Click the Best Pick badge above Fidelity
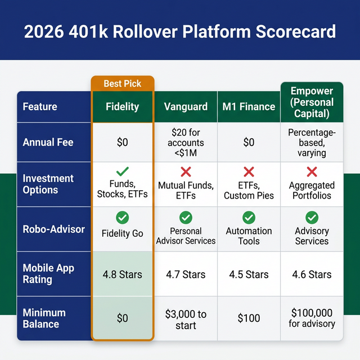pyautogui.click(x=122, y=84)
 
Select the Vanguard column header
pyautogui.click(x=186, y=106)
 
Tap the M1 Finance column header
pyautogui.click(x=249, y=106)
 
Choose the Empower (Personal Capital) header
pyautogui.click(x=312, y=102)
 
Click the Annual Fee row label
pyautogui.click(x=48, y=142)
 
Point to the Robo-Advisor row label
pyautogui.click(x=53, y=229)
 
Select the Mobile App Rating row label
pyautogui.click(x=48, y=273)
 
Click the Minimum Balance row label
pyautogui.click(x=44, y=318)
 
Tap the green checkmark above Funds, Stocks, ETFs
pyautogui.click(x=122, y=170)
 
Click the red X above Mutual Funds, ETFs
pyautogui.click(x=186, y=172)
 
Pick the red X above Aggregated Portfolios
pyautogui.click(x=312, y=172)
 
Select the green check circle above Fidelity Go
pyautogui.click(x=122, y=218)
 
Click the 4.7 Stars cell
pyautogui.click(x=186, y=274)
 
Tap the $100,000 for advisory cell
pyautogui.click(x=312, y=318)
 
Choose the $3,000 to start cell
pyautogui.click(x=186, y=319)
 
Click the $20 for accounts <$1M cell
pyautogui.click(x=186, y=142)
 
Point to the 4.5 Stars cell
pyautogui.click(x=249, y=274)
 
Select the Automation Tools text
pyautogui.click(x=249, y=236)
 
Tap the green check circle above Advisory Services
pyautogui.click(x=312, y=218)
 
